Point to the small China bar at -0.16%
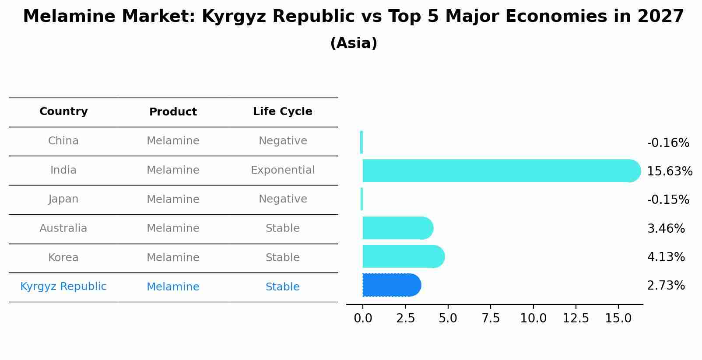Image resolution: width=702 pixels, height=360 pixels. click(362, 142)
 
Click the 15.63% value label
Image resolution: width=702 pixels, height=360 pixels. click(669, 171)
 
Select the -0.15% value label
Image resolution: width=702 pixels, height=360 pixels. click(668, 200)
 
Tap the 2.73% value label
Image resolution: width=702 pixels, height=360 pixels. click(666, 286)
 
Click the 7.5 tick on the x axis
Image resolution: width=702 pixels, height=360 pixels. click(491, 318)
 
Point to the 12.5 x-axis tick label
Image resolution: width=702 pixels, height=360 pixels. click(576, 318)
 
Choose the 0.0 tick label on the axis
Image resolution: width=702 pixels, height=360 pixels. click(363, 318)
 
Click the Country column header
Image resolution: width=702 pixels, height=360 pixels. click(63, 112)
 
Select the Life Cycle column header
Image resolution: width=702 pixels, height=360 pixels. click(282, 112)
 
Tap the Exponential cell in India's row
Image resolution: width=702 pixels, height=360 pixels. click(282, 170)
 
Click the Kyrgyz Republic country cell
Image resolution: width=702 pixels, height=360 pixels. click(63, 287)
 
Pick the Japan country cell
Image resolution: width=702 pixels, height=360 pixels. click(63, 199)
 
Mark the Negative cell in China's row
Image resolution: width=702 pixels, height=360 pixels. click(282, 141)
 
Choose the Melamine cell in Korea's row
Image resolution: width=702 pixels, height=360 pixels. click(173, 258)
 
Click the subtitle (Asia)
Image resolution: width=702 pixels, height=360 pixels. click(354, 43)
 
